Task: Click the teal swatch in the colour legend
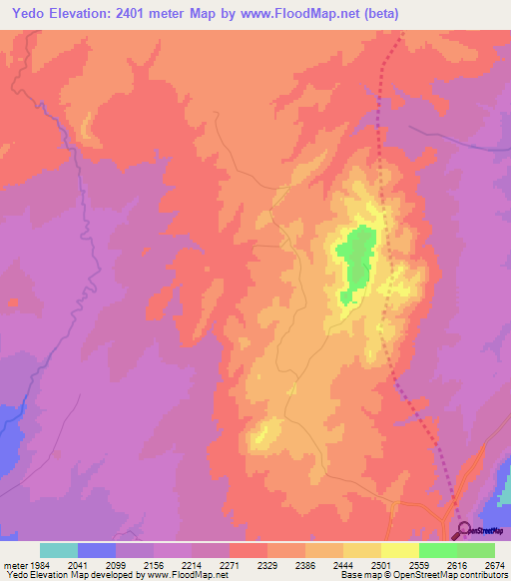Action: click(58, 550)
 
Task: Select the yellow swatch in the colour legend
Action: click(399, 550)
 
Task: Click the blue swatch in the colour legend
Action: click(96, 550)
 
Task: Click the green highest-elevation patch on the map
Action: click(355, 260)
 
